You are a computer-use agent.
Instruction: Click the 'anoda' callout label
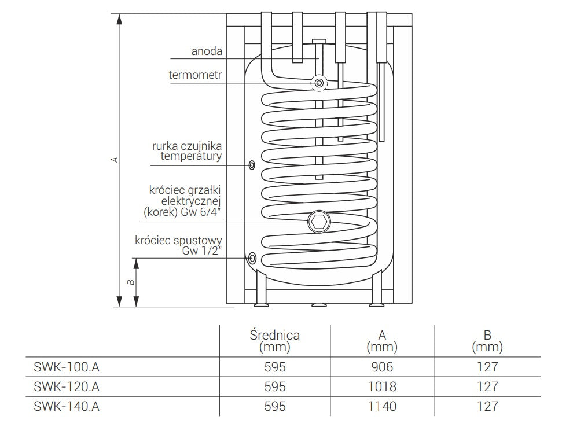tap(207, 51)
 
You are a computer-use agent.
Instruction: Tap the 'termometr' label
tap(196, 75)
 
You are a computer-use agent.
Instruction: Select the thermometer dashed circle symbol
tap(319, 83)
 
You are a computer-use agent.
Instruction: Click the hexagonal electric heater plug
tap(317, 220)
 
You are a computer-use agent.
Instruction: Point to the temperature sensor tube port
tap(252, 165)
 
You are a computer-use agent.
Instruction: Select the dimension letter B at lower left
tap(131, 282)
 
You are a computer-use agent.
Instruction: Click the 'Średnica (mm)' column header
tap(274, 341)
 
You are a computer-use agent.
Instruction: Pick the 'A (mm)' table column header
tap(382, 341)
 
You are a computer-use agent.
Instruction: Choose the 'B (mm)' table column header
tap(487, 341)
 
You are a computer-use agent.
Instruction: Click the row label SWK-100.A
tap(64, 367)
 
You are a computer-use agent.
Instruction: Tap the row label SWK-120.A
tap(64, 386)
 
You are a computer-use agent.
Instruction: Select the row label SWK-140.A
tap(64, 406)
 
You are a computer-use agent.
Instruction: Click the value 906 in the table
tap(382, 367)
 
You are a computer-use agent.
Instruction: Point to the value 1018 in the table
tap(382, 386)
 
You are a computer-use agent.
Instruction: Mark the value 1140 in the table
tap(382, 406)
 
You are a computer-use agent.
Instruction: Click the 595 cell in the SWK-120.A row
tap(274, 386)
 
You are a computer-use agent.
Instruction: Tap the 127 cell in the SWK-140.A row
tap(487, 406)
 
